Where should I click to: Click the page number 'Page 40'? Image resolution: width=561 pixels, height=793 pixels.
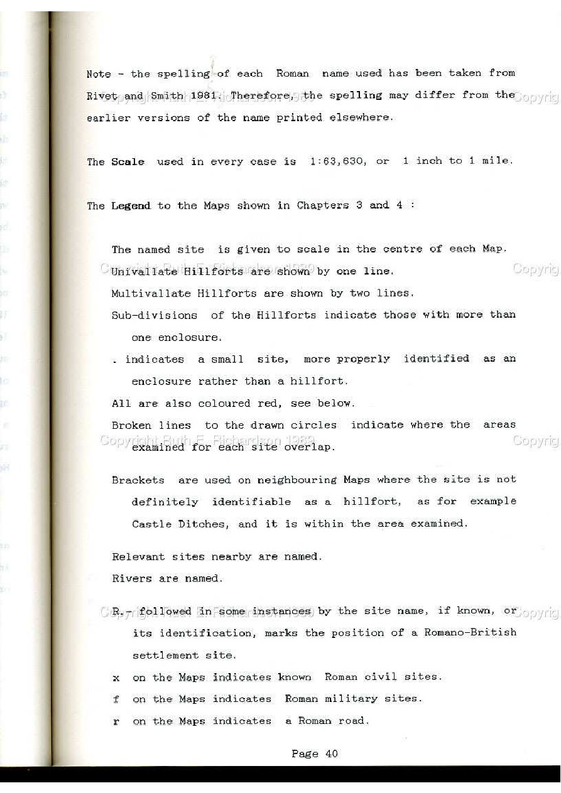click(314, 753)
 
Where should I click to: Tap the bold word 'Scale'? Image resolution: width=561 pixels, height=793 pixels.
click(128, 162)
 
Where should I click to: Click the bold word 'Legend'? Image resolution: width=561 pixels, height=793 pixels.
click(131, 206)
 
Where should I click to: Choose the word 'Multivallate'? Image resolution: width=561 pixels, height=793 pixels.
click(151, 293)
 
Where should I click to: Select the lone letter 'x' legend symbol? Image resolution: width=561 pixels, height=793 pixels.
click(116, 678)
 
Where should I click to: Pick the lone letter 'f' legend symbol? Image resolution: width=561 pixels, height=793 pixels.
click(116, 699)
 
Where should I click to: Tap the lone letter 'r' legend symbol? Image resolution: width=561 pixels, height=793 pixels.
click(116, 722)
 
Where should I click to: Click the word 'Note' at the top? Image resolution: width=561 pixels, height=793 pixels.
click(98, 74)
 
